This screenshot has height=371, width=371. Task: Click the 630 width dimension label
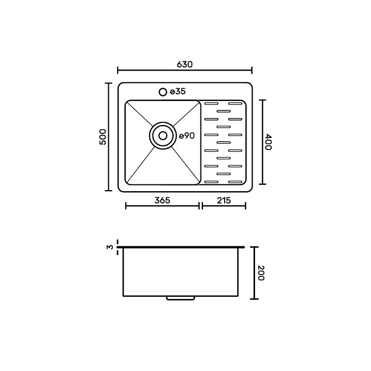185,64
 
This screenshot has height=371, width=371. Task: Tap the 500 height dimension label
103,137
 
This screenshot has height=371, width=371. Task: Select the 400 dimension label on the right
268,142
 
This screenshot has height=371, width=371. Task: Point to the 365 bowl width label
162,200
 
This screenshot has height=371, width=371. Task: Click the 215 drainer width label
224,200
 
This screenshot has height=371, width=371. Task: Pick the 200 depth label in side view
261,273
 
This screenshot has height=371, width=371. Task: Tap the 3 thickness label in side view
110,247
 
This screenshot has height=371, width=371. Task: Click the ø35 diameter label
178,92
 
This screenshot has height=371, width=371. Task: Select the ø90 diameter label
187,136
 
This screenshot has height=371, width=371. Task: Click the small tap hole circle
163,92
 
